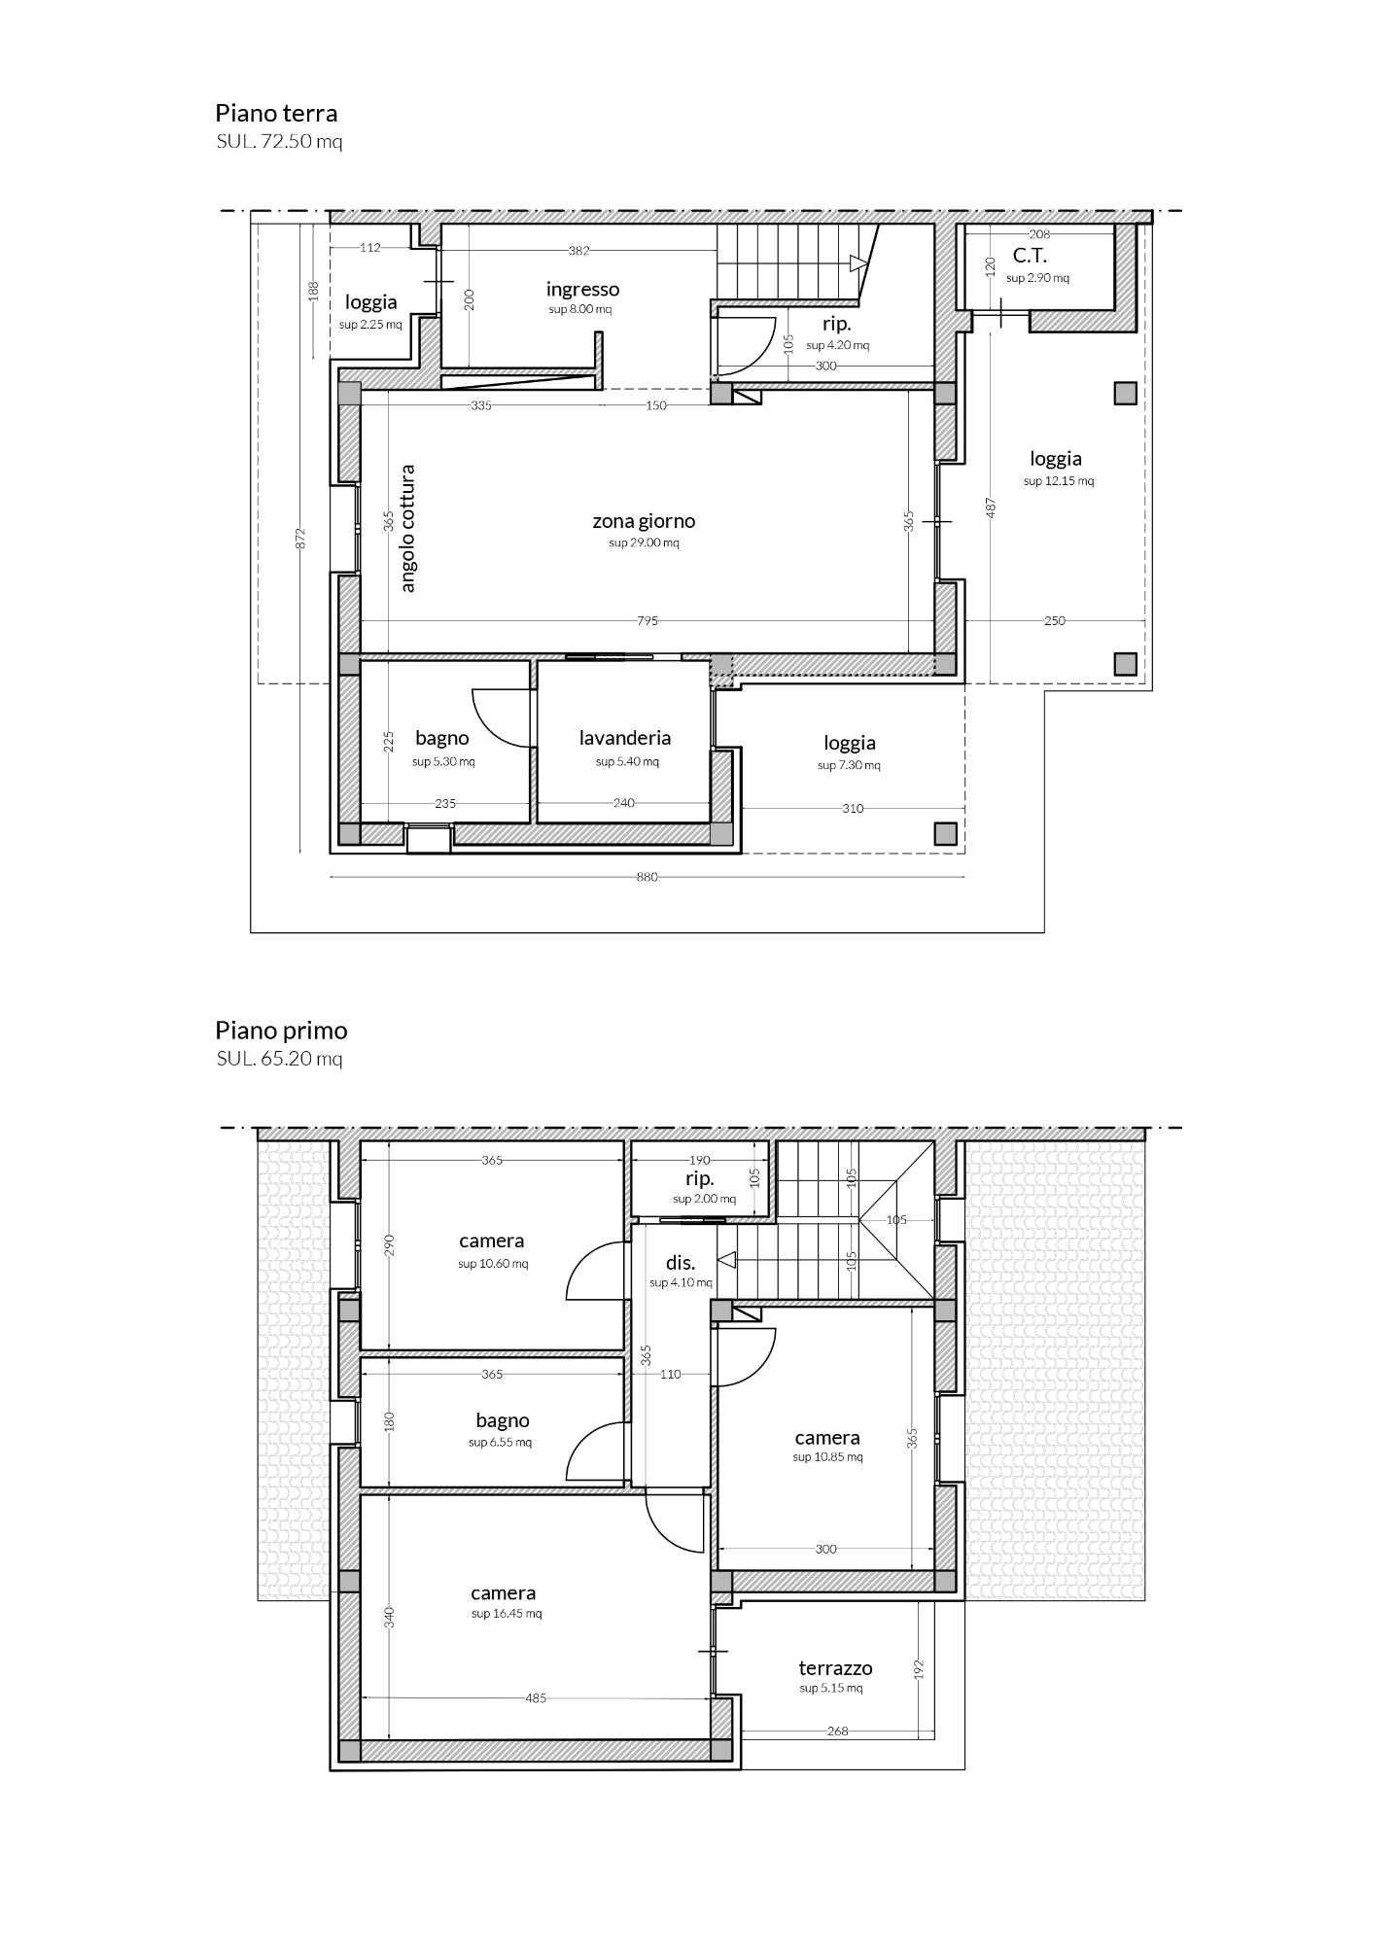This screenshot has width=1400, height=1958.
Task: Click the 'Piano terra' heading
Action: click(x=276, y=113)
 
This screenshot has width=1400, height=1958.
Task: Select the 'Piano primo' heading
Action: click(x=281, y=1031)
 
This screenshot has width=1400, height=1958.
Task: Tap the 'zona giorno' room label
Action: click(x=644, y=522)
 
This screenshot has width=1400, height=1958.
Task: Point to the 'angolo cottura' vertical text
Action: click(x=407, y=529)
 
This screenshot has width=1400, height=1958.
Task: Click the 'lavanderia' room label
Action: click(x=625, y=738)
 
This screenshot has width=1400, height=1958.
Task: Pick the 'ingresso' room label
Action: click(x=582, y=290)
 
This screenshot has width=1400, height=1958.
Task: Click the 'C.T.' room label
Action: click(x=1030, y=257)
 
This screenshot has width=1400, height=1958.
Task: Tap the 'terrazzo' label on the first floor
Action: click(x=835, y=1668)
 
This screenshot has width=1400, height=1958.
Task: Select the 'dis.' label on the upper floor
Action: click(x=680, y=1263)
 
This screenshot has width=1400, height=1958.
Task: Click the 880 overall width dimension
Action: click(x=647, y=877)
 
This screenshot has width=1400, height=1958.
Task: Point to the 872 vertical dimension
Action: click(x=301, y=539)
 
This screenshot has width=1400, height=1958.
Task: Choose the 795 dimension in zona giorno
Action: click(x=647, y=621)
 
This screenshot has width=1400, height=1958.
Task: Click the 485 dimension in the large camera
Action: click(x=536, y=1698)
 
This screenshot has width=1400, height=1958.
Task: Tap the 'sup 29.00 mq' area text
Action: click(x=644, y=543)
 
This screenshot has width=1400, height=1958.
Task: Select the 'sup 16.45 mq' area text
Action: click(x=507, y=1614)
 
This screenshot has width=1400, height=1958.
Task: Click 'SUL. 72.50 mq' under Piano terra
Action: click(x=279, y=142)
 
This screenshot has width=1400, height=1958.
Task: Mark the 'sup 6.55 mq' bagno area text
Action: click(x=500, y=1443)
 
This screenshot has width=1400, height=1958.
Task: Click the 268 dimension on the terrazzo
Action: click(x=837, y=1731)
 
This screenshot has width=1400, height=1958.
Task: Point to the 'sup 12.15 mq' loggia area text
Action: click(x=1058, y=481)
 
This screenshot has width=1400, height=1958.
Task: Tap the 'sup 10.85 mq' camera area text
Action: click(x=827, y=1457)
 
